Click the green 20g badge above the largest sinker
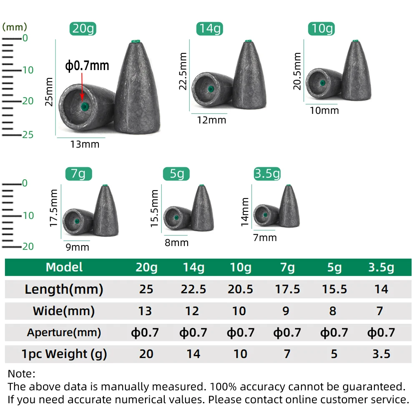coord(83,29)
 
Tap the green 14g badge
coord(209,29)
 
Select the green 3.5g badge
coord(267,173)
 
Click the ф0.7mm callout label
coord(87,65)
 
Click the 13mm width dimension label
coord(85,144)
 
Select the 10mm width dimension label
coord(324,111)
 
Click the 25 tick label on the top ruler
coord(28,135)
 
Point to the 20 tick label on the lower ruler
coord(28,246)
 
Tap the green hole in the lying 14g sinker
coord(211,89)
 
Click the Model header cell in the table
coord(64,267)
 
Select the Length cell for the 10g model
coord(241,289)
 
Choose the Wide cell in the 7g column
coord(286,311)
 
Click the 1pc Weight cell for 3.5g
coord(381,354)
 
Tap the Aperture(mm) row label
coord(64,332)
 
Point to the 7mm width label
coord(265,238)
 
